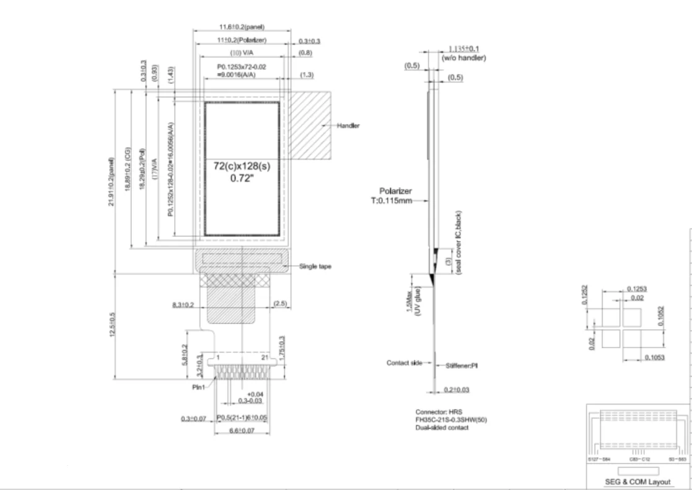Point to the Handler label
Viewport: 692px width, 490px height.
click(348, 126)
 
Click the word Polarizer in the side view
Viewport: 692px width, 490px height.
click(395, 191)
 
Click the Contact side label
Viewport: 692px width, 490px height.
click(403, 363)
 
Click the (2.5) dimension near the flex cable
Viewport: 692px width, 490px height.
click(280, 304)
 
